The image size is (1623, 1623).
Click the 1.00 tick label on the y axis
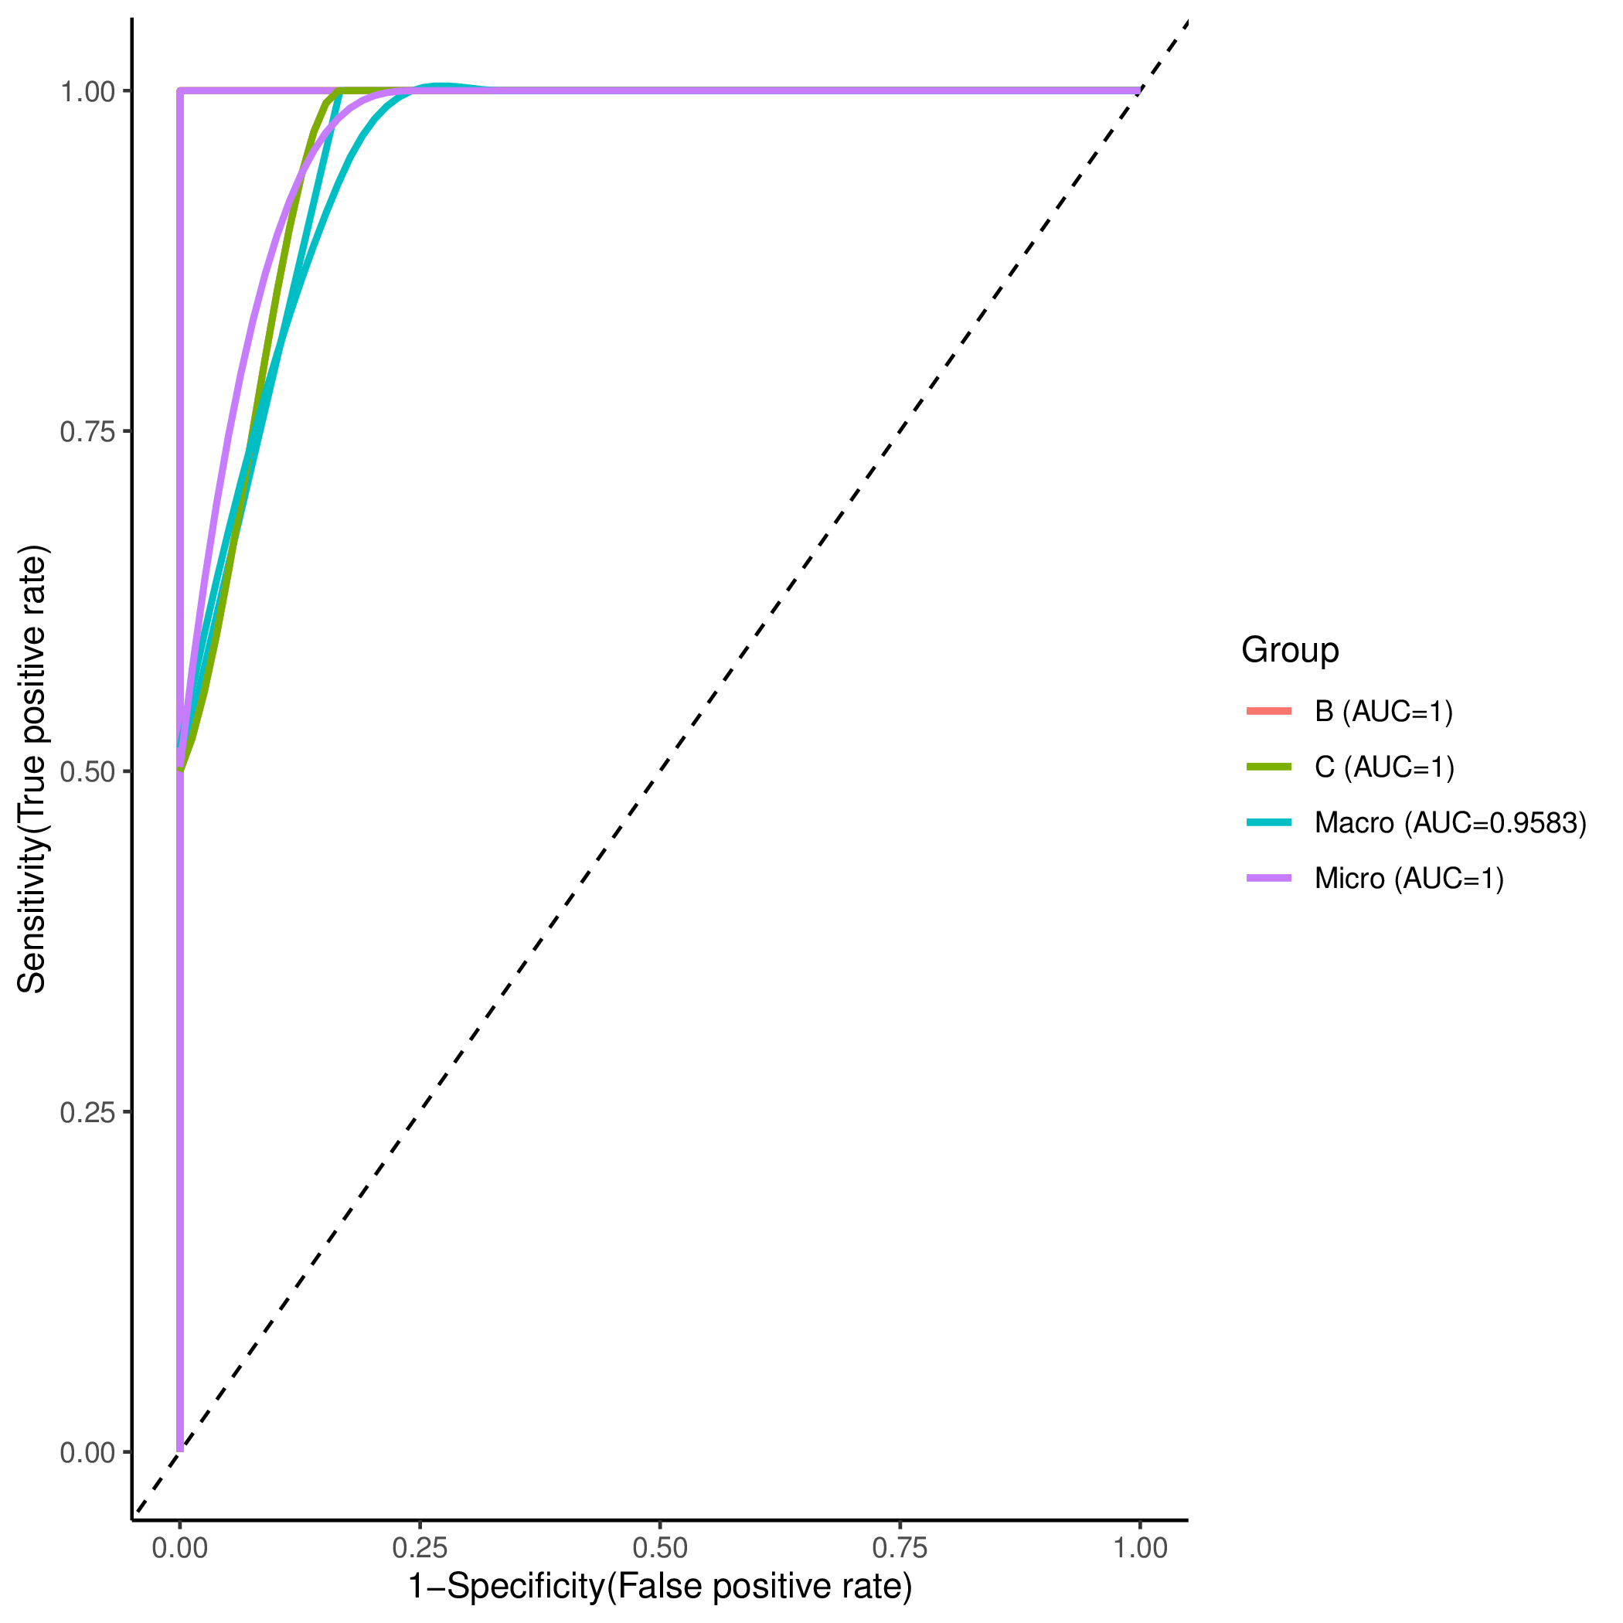coord(87,91)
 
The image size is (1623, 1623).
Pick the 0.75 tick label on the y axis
coord(87,432)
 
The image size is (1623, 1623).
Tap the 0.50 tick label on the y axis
coord(87,772)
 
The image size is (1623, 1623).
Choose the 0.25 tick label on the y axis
coord(87,1112)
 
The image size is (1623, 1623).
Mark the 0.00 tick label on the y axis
coord(87,1452)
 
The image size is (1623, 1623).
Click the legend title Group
coord(1289,650)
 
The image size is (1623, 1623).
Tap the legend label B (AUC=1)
coord(1383,712)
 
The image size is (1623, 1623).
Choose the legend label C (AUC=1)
coord(1384,767)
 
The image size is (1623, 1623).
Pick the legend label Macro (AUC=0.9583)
coord(1451,822)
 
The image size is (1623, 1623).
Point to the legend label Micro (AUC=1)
coord(1409,879)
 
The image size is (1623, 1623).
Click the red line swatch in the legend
coord(1268,712)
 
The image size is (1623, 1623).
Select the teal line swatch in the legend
coord(1268,822)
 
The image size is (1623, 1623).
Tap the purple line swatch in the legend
coord(1268,878)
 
